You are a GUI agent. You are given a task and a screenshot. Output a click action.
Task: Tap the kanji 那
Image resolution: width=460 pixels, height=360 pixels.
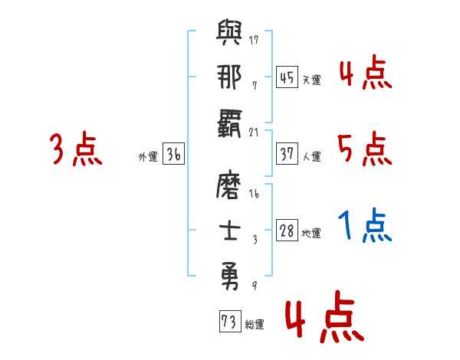230,79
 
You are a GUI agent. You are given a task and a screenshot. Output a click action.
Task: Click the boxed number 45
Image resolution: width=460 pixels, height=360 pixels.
287,77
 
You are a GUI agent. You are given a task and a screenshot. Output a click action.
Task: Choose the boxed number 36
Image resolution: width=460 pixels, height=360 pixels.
173,155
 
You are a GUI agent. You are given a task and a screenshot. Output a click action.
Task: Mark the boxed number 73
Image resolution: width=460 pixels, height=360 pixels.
228,322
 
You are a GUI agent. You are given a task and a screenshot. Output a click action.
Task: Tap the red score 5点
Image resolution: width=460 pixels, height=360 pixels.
364,149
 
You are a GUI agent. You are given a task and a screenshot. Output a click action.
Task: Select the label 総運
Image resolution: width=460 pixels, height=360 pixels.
254,325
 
